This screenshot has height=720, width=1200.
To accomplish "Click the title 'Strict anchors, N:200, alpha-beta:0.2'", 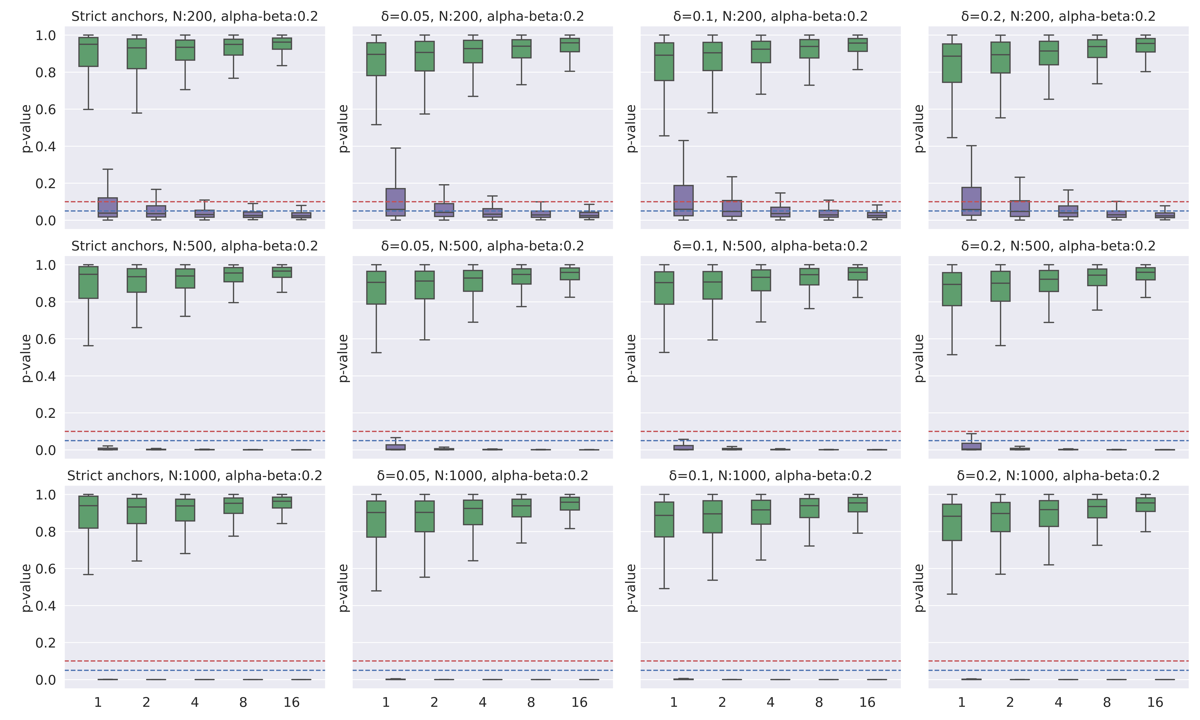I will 195,16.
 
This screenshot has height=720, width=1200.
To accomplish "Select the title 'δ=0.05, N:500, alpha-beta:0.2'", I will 483,246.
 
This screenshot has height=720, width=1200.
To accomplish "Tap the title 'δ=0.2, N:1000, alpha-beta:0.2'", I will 1058,475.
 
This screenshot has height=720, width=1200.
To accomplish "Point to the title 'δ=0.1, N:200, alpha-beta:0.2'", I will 770,16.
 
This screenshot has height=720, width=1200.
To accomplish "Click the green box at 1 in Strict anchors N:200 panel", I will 88,52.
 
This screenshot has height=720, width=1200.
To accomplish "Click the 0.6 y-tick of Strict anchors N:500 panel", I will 45,339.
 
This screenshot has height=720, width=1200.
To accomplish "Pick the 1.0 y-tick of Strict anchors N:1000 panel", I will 45,495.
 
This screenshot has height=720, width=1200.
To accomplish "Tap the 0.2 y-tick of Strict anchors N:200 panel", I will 45,183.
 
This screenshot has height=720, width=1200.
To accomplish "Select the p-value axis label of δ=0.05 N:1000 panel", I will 343,588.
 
